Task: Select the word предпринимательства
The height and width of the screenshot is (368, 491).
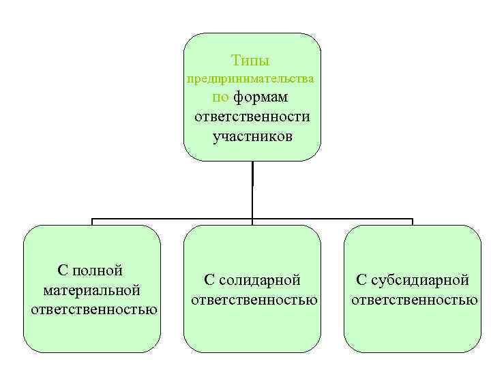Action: [251, 78]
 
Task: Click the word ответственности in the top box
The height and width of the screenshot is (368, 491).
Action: [252, 117]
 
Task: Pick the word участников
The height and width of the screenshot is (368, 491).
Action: [252, 136]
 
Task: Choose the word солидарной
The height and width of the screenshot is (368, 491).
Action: [261, 279]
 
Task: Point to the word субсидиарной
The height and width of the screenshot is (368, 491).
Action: [420, 279]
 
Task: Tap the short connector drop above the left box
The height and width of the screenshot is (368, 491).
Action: [93, 221]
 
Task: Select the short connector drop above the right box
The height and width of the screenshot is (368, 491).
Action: [412, 221]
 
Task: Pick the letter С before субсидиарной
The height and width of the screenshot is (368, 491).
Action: [361, 279]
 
